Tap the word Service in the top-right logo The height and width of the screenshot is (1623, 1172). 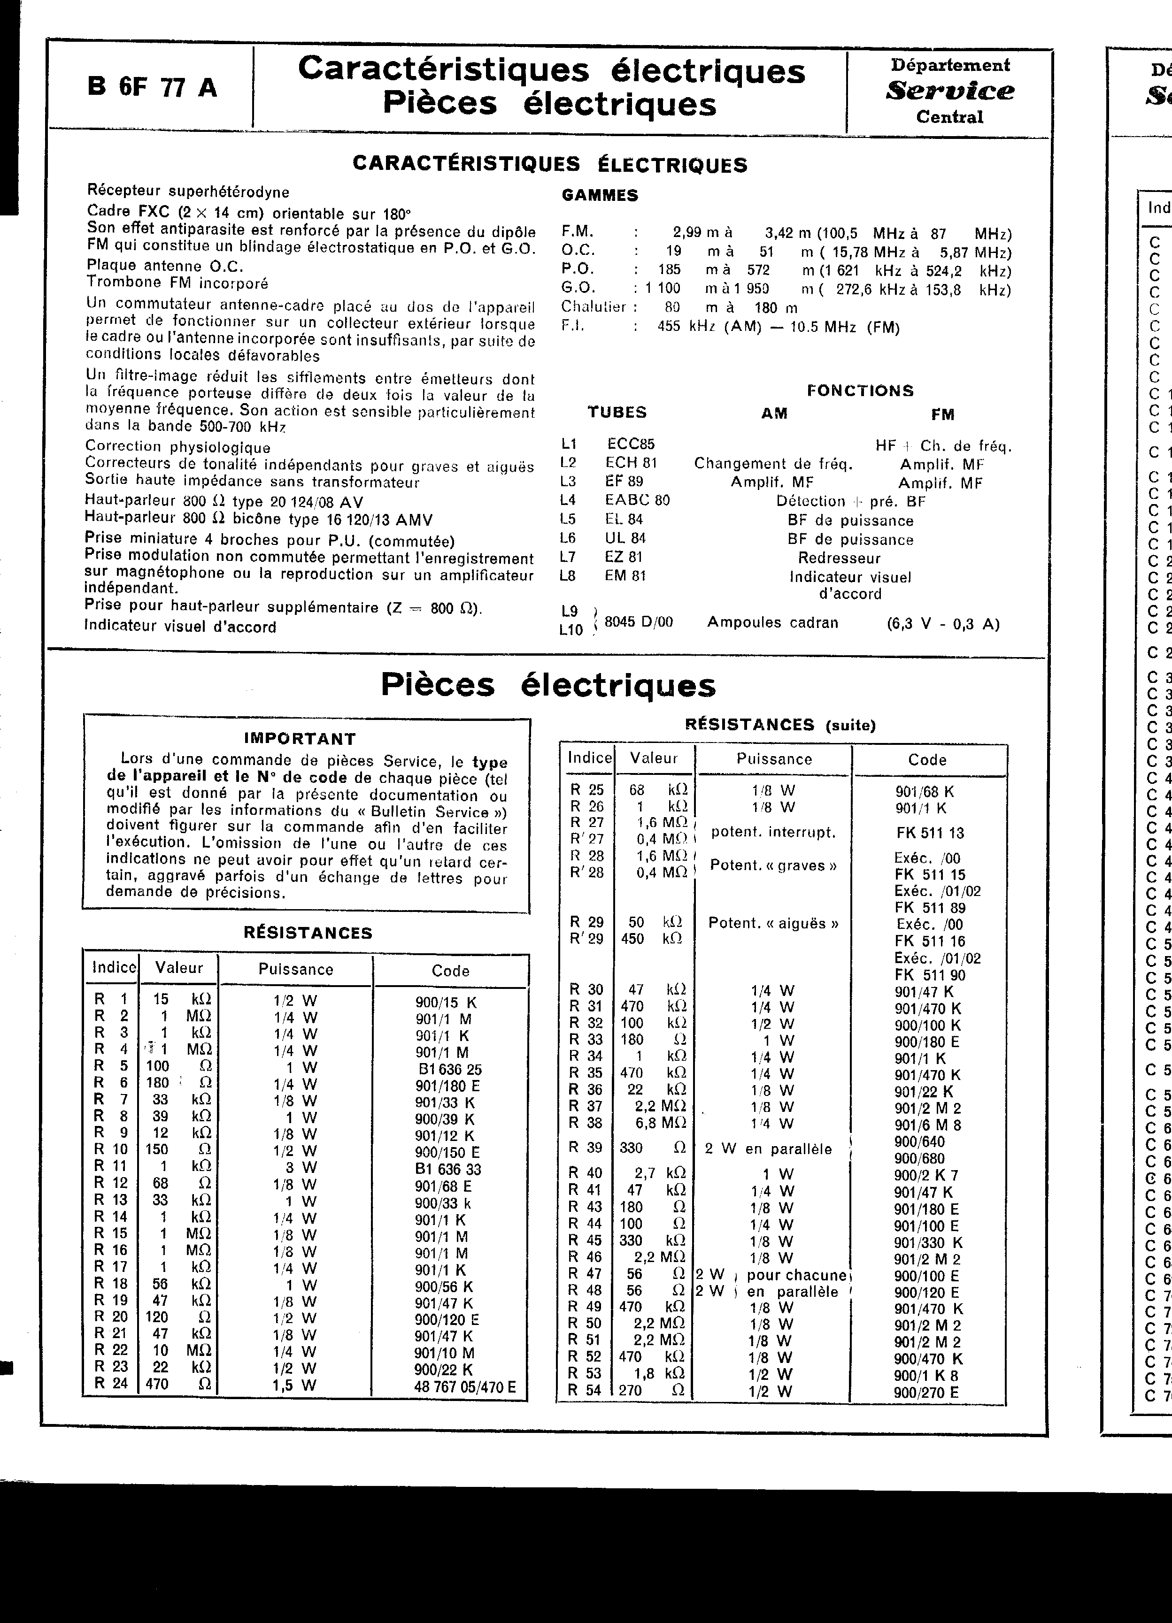click(x=949, y=91)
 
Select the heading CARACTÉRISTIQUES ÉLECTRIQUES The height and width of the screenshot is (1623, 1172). click(x=550, y=165)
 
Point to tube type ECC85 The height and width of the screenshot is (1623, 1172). click(x=631, y=444)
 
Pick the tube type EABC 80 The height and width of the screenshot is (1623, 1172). click(x=637, y=500)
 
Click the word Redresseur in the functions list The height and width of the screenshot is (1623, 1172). click(x=839, y=558)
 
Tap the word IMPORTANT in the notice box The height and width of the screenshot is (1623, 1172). click(x=300, y=738)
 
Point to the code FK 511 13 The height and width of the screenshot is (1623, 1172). click(x=929, y=833)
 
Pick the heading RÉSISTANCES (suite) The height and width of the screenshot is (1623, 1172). click(x=780, y=724)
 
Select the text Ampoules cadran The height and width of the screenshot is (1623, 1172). click(x=772, y=622)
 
